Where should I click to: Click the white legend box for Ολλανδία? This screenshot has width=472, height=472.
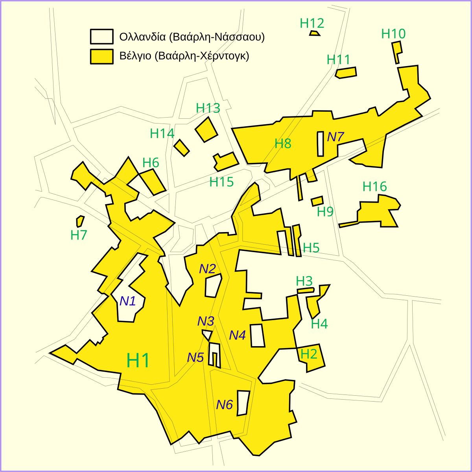point(101,37)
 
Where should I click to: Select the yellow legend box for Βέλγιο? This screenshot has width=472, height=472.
point(101,56)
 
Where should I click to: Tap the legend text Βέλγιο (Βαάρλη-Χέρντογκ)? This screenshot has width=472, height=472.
point(184,56)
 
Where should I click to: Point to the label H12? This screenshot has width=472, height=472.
point(312,23)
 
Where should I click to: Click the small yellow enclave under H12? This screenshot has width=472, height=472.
point(314,33)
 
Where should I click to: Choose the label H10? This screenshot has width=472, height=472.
point(393,34)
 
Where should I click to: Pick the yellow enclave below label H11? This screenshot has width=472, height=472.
point(346,72)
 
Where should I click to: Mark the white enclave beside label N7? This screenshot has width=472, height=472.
point(321,144)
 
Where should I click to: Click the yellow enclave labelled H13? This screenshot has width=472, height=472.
point(206,129)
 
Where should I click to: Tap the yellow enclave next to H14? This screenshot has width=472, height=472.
point(181,147)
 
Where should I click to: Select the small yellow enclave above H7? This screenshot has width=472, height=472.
point(80,221)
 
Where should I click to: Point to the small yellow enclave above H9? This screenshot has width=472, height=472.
point(317,201)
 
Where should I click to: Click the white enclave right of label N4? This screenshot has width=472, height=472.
point(257,336)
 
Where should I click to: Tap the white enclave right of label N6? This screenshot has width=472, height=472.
point(243,403)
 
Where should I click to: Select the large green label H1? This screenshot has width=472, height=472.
point(138,360)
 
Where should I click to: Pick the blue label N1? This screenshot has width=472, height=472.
point(127,301)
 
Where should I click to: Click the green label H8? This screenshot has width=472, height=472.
point(283,144)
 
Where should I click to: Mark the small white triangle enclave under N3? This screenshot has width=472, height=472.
point(207,334)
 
